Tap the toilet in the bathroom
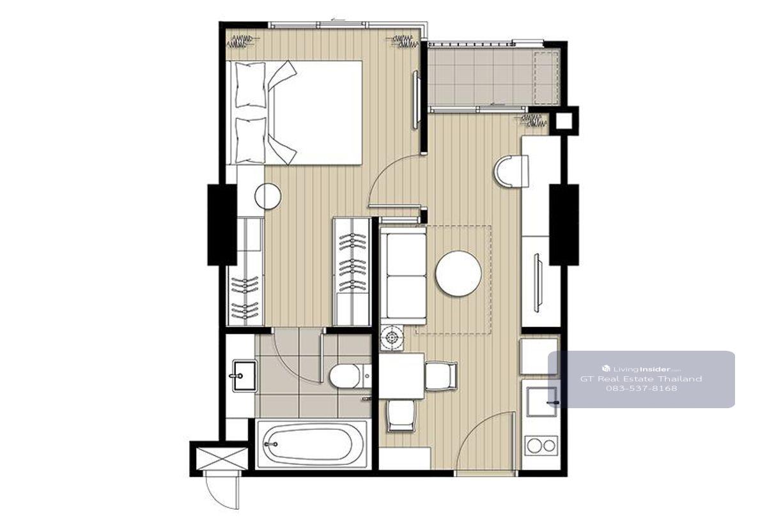pos(349,376)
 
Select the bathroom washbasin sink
pos(244,376)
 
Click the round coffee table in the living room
pos(458,273)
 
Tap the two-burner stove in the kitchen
pos(541,446)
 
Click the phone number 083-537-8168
pos(641,388)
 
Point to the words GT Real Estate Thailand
pos(641,378)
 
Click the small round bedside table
pos(268,197)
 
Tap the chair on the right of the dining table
pos(442,376)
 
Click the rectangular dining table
pos(401,376)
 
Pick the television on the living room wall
pos(538,282)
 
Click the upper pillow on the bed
pos(251,84)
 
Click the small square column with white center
pos(564,121)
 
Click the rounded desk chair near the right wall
pos(511,171)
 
